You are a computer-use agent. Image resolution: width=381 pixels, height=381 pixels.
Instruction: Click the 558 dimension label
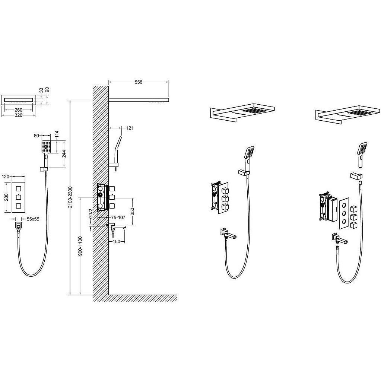(x=138, y=82)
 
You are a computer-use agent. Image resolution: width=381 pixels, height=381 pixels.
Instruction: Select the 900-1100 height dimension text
(x=80, y=246)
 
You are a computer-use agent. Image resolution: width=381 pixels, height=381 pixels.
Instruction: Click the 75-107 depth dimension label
(x=118, y=218)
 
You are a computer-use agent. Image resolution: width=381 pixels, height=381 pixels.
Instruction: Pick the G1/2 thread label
(x=91, y=213)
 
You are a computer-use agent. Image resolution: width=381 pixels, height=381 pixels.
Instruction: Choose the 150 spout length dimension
(x=117, y=242)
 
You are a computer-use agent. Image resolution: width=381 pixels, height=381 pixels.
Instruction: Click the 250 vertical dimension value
(x=133, y=212)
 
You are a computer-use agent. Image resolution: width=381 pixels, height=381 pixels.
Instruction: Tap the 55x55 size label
(x=33, y=219)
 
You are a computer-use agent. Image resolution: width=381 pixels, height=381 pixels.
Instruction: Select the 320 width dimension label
(x=19, y=115)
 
